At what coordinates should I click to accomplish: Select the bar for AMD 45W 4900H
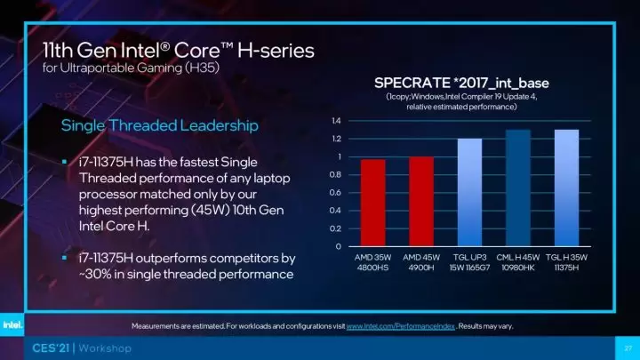coord(421,202)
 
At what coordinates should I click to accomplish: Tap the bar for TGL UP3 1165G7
coord(469,192)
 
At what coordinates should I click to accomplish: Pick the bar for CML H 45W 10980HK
coord(518,188)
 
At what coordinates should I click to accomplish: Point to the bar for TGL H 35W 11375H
coord(566,188)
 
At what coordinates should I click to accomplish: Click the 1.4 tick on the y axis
coord(335,121)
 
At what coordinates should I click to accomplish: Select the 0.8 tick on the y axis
coord(335,175)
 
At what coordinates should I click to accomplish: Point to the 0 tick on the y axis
coord(338,246)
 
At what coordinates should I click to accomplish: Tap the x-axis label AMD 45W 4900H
coord(421,264)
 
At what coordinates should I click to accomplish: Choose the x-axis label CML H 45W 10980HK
coord(518,264)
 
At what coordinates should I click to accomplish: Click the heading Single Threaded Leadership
coord(159,125)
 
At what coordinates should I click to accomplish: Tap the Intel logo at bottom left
coord(16,325)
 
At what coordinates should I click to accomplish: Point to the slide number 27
coord(625,348)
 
